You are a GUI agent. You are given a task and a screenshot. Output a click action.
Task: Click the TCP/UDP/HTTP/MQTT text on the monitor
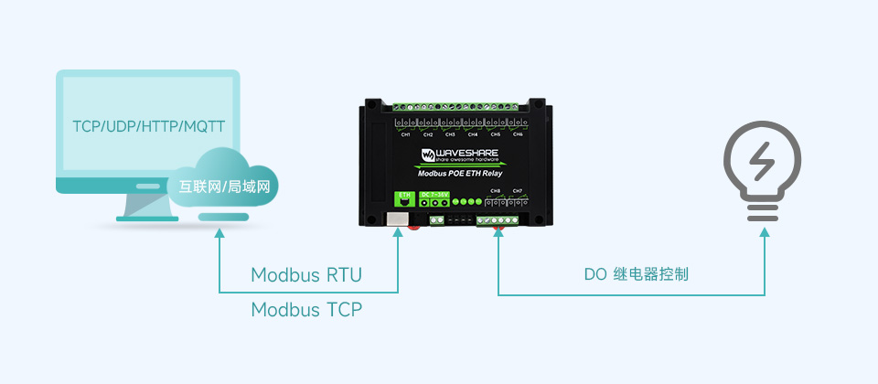148,125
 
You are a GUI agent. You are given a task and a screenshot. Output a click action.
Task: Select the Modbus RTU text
306,275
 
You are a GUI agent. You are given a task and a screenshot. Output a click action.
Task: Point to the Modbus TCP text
306,310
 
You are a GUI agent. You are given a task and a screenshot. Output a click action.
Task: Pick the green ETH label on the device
402,195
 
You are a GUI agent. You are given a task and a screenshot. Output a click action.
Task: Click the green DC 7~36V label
434,195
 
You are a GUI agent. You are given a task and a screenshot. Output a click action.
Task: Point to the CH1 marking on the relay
406,135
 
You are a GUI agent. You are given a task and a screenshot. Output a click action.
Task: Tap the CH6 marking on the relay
518,135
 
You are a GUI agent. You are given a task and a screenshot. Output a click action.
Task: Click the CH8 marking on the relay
495,191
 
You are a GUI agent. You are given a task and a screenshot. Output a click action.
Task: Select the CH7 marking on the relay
518,191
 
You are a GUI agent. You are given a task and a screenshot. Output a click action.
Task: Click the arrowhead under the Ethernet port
399,232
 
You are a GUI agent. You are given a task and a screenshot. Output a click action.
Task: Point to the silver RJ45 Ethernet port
398,219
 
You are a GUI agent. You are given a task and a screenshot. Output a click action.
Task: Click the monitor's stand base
146,219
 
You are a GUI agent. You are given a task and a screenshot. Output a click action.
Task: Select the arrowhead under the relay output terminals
498,232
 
